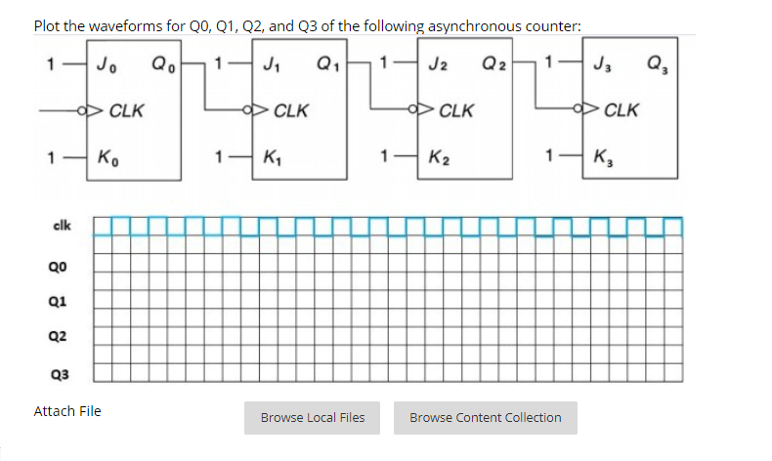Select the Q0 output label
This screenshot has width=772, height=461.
click(x=159, y=67)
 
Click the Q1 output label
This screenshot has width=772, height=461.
click(x=325, y=67)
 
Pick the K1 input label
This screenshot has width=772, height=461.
click(x=269, y=155)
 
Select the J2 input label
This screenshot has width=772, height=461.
click(x=434, y=67)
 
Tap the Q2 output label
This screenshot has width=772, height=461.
click(x=492, y=67)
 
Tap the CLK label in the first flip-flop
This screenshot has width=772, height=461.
click(x=126, y=110)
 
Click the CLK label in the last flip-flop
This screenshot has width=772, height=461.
click(x=622, y=110)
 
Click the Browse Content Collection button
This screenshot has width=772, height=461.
click(x=485, y=418)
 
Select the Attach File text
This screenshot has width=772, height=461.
click(x=67, y=411)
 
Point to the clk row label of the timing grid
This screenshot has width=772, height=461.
click(x=60, y=228)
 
